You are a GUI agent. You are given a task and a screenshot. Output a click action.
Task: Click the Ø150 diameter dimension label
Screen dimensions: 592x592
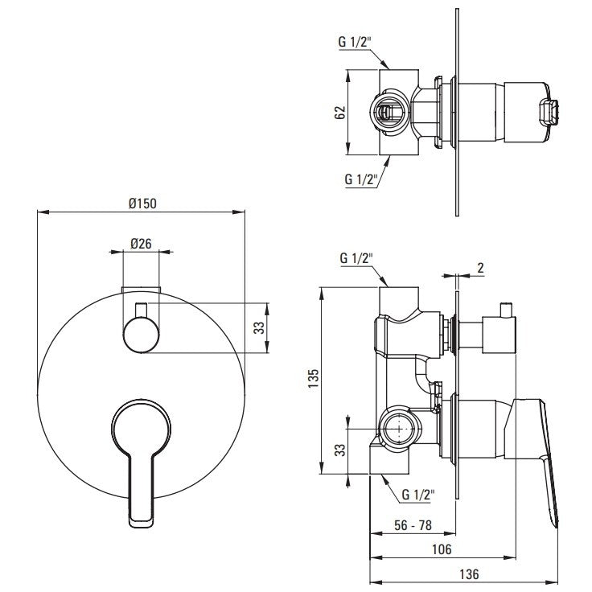pyautogui.click(x=142, y=203)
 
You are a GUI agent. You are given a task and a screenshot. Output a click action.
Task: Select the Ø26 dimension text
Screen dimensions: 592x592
pyautogui.click(x=142, y=243)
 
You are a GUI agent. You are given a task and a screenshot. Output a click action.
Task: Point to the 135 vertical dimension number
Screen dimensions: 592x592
pyautogui.click(x=313, y=377)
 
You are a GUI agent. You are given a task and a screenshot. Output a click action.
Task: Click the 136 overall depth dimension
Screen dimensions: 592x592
pyautogui.click(x=470, y=574)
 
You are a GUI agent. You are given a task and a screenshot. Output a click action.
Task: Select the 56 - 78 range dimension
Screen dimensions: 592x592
pyautogui.click(x=413, y=524)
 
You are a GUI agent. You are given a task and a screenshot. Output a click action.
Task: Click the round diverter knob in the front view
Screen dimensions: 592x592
pyautogui.click(x=141, y=331)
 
